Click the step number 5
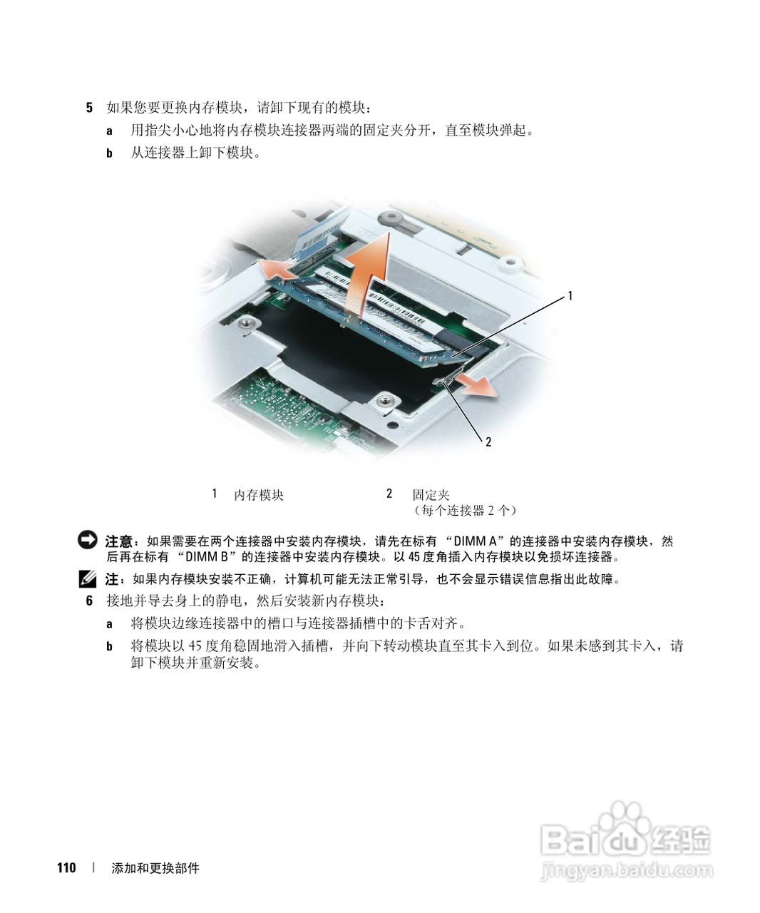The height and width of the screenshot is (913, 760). tap(89, 108)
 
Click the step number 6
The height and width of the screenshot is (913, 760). tap(89, 601)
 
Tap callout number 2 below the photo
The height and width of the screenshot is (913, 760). tap(488, 442)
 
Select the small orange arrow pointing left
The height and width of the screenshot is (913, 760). tap(276, 269)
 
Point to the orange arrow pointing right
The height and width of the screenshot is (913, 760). tap(476, 386)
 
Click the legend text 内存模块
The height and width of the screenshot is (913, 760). tap(259, 494)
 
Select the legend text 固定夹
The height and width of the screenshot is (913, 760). tap(431, 494)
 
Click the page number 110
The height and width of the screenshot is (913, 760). tap(66, 868)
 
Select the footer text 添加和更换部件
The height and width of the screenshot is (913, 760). tap(155, 868)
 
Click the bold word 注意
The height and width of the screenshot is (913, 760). tap(119, 541)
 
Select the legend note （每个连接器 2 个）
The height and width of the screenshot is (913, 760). tap(465, 511)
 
